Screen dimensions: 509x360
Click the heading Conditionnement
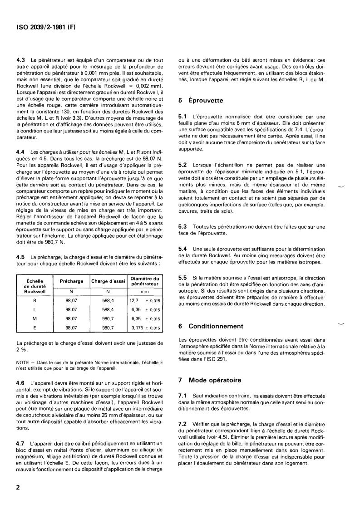(x=216, y=326)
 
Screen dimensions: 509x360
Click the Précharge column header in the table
(x=71, y=281)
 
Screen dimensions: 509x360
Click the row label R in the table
(x=35, y=300)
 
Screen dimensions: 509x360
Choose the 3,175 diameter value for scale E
(x=135, y=328)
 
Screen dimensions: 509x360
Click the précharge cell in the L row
(x=71, y=309)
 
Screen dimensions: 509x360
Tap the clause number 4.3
(x=20, y=61)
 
